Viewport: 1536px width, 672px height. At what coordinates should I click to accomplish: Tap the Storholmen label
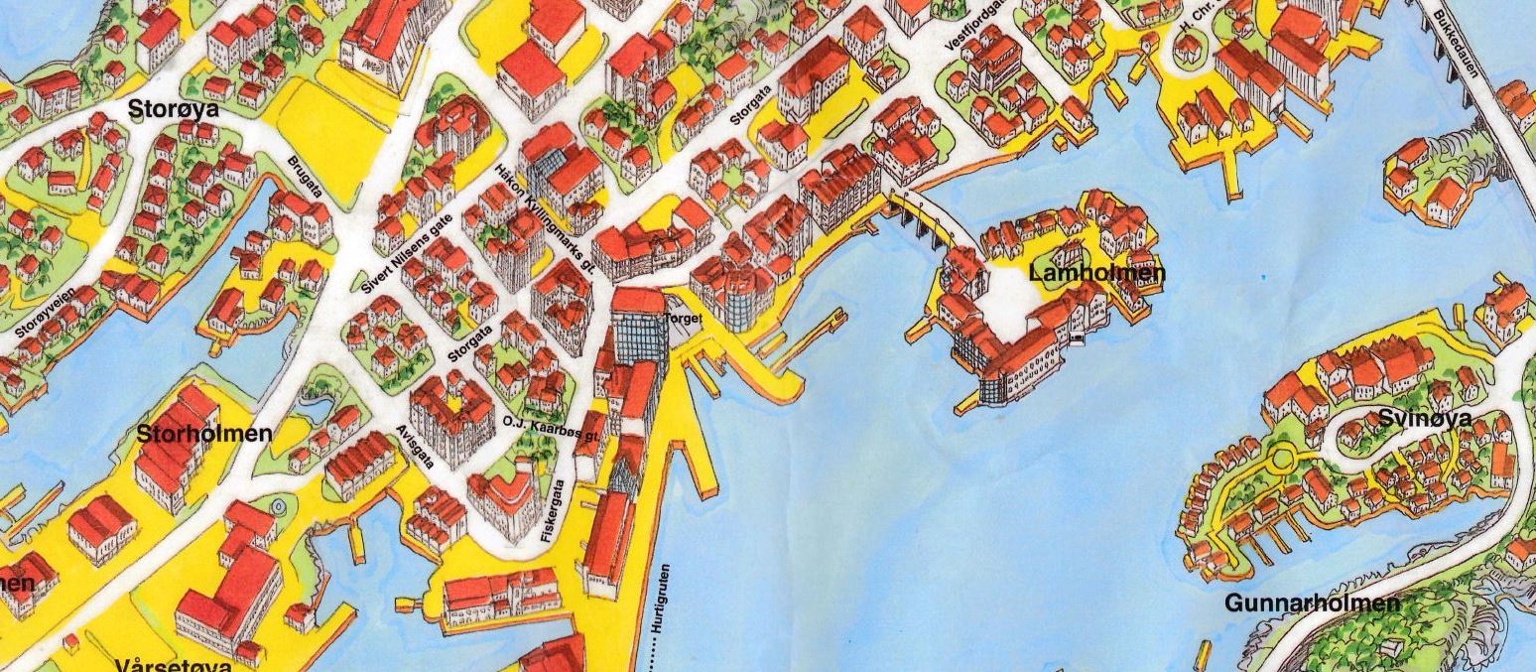(x=204, y=434)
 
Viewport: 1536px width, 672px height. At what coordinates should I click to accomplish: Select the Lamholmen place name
(x=1097, y=273)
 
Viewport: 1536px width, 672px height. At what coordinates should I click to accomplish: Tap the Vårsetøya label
(x=173, y=663)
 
